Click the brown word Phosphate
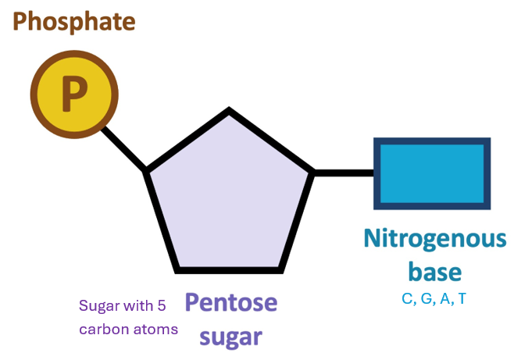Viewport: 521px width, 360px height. (74, 21)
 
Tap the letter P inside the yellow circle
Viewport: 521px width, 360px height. (74, 94)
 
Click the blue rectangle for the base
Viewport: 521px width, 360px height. (432, 173)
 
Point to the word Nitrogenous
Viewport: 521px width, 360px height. (435, 238)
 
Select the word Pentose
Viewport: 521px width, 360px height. (230, 303)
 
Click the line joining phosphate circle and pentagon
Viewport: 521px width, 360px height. (125, 149)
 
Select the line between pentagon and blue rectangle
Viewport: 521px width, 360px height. (344, 172)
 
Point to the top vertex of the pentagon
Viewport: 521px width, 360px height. (229, 112)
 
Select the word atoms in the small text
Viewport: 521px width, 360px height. (157, 329)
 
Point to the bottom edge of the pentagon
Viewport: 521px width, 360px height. (230, 270)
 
